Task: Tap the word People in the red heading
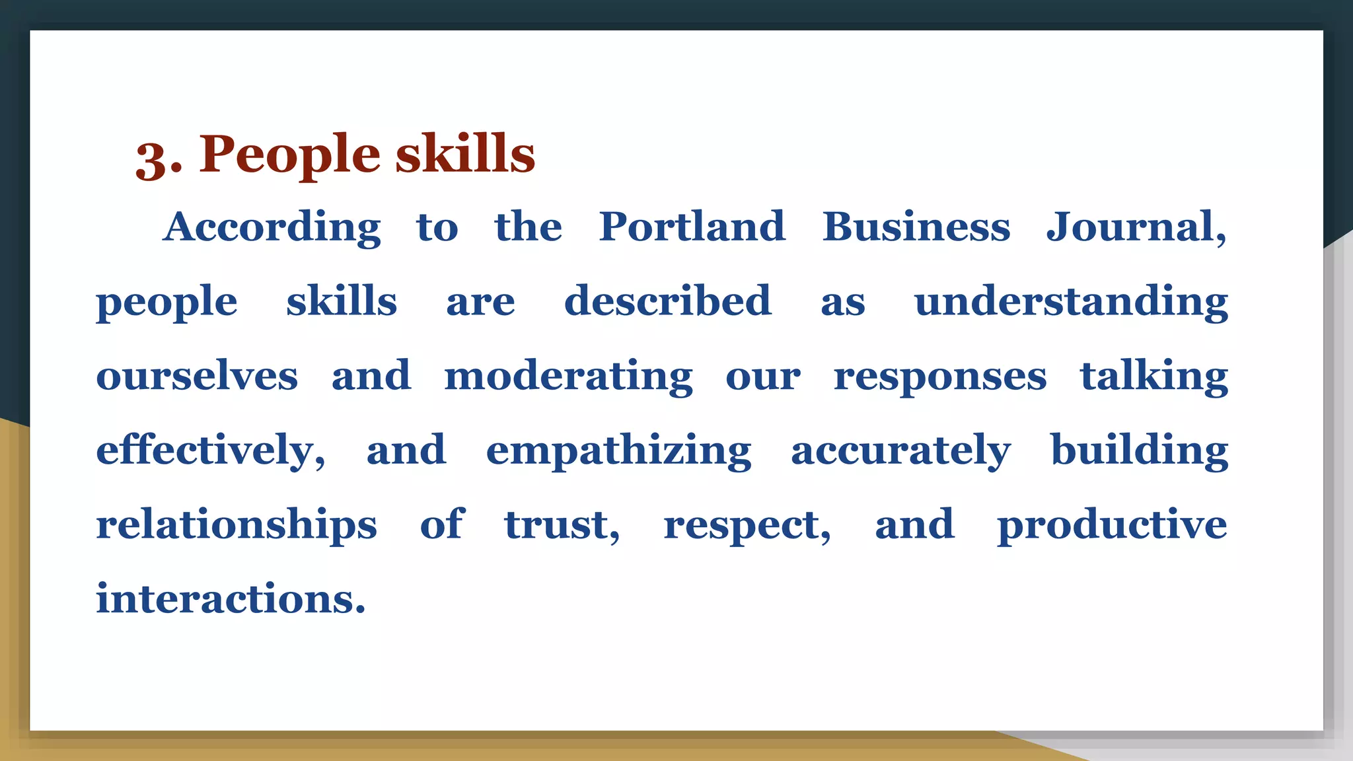290,156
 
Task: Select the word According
272,229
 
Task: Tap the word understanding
1071,303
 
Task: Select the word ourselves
197,376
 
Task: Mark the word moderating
568,377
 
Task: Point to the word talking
1153,377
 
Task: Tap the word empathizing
618,452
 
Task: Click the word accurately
900,452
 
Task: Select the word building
1139,451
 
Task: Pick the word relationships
237,526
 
